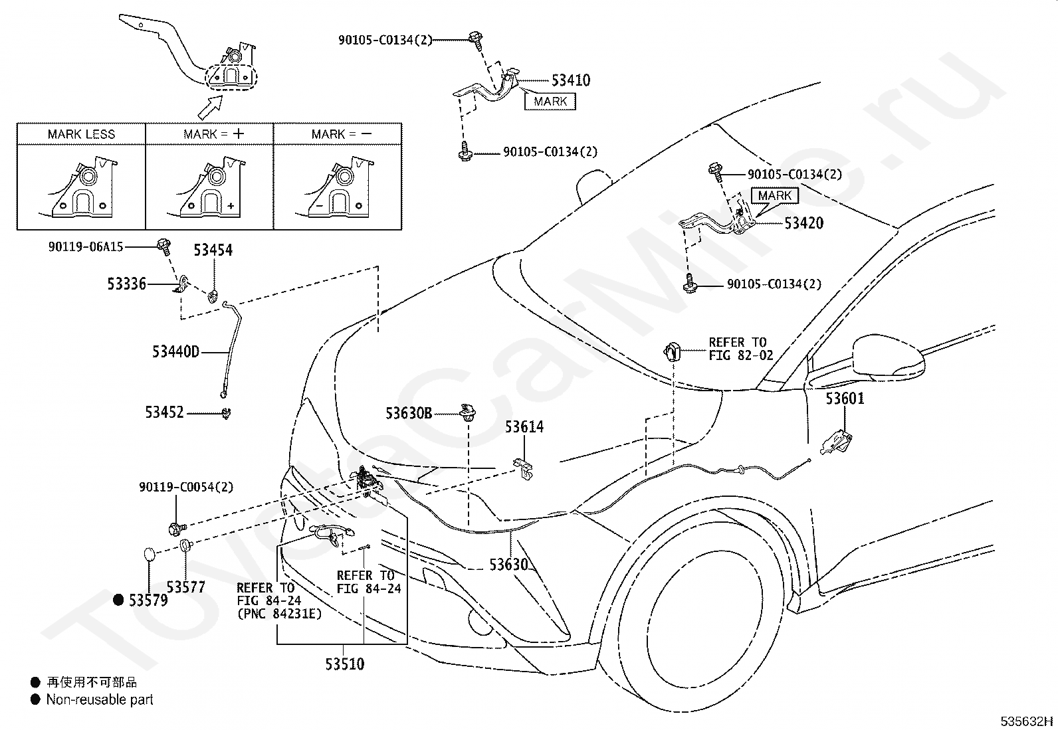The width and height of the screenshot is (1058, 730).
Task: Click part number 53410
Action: coord(571,80)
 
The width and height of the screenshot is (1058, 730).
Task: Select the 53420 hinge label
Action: coord(803,223)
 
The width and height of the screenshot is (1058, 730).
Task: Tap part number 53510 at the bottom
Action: coord(345,664)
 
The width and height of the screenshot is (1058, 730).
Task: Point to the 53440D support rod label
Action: coord(175,352)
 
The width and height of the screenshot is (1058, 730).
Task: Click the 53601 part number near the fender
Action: coord(845,399)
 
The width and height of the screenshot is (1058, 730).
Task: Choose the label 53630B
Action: coord(409,414)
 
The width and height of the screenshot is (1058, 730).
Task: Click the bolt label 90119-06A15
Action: coord(86,246)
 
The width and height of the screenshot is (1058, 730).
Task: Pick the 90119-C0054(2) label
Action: coord(186,487)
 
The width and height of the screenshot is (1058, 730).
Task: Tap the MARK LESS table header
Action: coord(81,134)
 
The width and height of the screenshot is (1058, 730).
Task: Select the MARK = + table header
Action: coord(214,134)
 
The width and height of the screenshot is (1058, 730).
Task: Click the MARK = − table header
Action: coord(342,134)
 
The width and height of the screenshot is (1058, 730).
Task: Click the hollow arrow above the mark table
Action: coord(210,107)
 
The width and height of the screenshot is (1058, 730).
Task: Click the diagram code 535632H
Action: coord(1027,721)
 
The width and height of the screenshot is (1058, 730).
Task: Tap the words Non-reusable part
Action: coord(100,699)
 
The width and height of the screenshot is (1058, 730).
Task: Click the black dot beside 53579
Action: coord(118,600)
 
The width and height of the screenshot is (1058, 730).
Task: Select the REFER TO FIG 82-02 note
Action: coord(740,349)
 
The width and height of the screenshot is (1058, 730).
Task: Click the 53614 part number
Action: coord(524,427)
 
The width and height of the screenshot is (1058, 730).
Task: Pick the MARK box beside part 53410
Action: coord(550,102)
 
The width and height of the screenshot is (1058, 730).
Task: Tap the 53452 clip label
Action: coord(164,412)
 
